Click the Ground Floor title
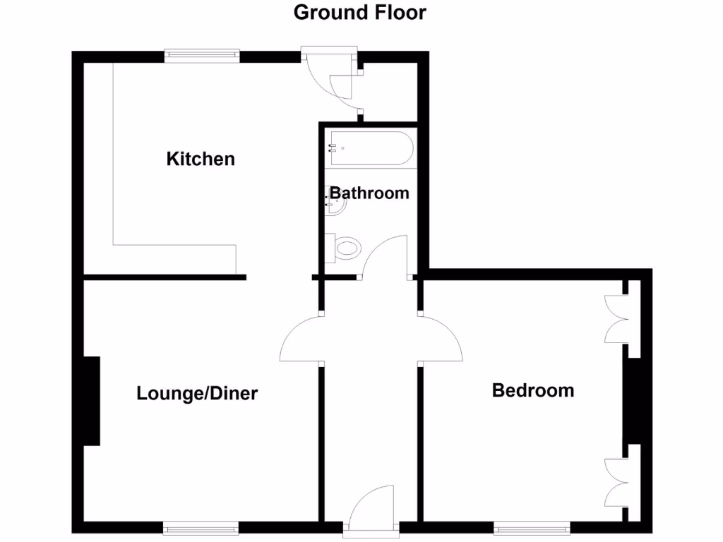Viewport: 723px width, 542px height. coord(360,12)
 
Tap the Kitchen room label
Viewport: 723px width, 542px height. coord(201,159)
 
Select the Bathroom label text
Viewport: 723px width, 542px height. coord(369,193)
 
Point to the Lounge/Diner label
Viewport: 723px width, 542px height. coord(197,393)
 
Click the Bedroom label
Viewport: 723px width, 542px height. coord(533,390)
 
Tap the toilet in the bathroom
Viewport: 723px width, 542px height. coord(344,248)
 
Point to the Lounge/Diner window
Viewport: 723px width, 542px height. coord(201,527)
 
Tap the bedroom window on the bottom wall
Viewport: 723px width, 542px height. coord(532,527)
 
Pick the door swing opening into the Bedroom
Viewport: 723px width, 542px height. coord(441,340)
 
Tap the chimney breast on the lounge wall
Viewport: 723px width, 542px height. coord(91,401)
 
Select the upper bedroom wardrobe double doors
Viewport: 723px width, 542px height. coord(616,319)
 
